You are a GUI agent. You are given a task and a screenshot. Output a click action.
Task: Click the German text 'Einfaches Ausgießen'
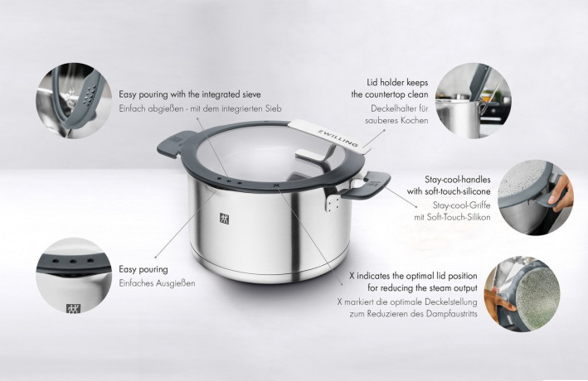coord(157,283)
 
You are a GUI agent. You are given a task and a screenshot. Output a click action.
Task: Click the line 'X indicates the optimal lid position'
coord(412,273)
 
